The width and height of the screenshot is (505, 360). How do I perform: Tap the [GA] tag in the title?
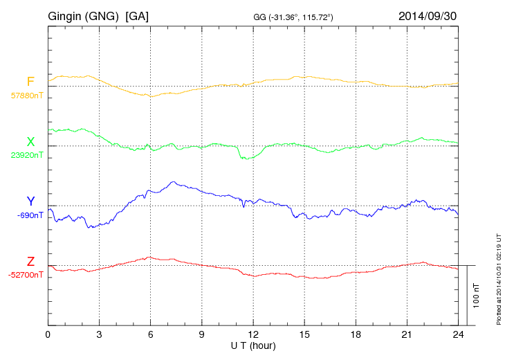(137, 15)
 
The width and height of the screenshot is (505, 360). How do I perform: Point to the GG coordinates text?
(294, 17)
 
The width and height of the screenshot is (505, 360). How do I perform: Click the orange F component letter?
(30, 82)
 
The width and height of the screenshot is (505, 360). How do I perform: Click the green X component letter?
(30, 142)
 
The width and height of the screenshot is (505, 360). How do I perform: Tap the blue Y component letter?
(30, 201)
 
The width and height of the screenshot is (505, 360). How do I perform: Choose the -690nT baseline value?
(30, 215)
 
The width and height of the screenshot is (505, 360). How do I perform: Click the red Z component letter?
(30, 261)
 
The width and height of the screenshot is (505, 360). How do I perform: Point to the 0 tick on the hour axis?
(48, 334)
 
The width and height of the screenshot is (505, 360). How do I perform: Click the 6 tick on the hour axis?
(150, 334)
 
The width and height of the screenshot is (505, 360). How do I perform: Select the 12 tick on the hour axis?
(253, 334)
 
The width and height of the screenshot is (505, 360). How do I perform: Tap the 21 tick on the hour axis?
(407, 334)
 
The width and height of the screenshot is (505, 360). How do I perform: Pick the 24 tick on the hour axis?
(458, 334)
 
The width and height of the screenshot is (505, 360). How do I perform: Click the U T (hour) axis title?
(253, 345)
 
